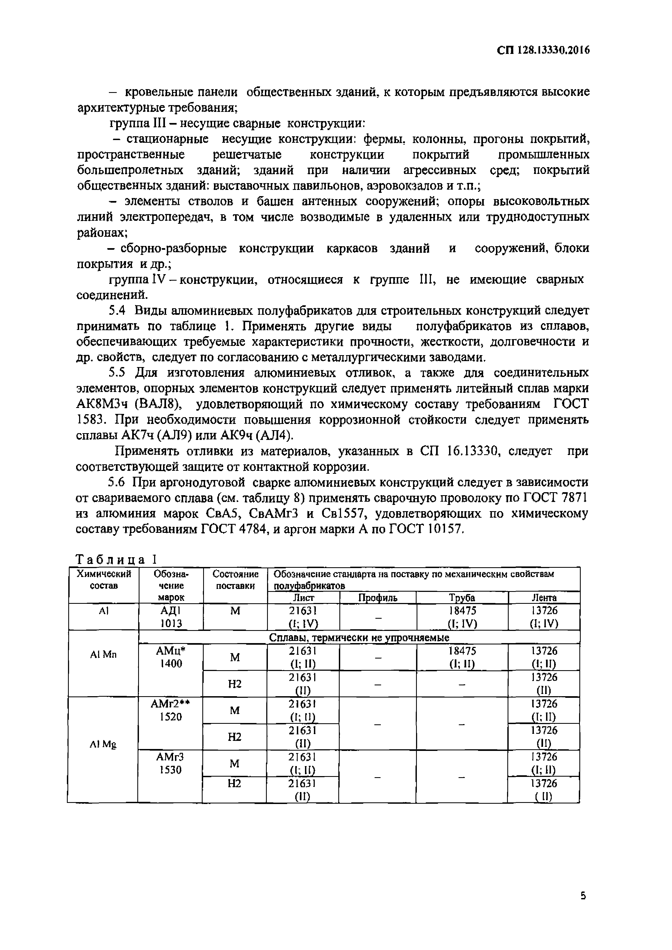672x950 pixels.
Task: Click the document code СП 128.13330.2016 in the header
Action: (543, 50)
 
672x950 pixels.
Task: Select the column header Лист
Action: (303, 598)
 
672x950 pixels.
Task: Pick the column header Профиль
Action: (377, 598)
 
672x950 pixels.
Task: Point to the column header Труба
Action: (462, 598)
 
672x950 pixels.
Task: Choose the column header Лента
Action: (544, 598)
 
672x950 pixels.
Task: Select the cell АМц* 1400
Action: (170, 657)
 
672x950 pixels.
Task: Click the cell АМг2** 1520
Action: (170, 710)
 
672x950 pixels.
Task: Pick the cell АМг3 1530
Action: (170, 763)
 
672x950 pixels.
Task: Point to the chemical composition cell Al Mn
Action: (103, 654)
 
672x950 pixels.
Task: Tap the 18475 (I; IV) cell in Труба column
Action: (462, 617)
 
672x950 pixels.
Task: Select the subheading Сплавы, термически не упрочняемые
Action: (359, 638)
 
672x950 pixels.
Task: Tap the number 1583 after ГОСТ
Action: (91, 420)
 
